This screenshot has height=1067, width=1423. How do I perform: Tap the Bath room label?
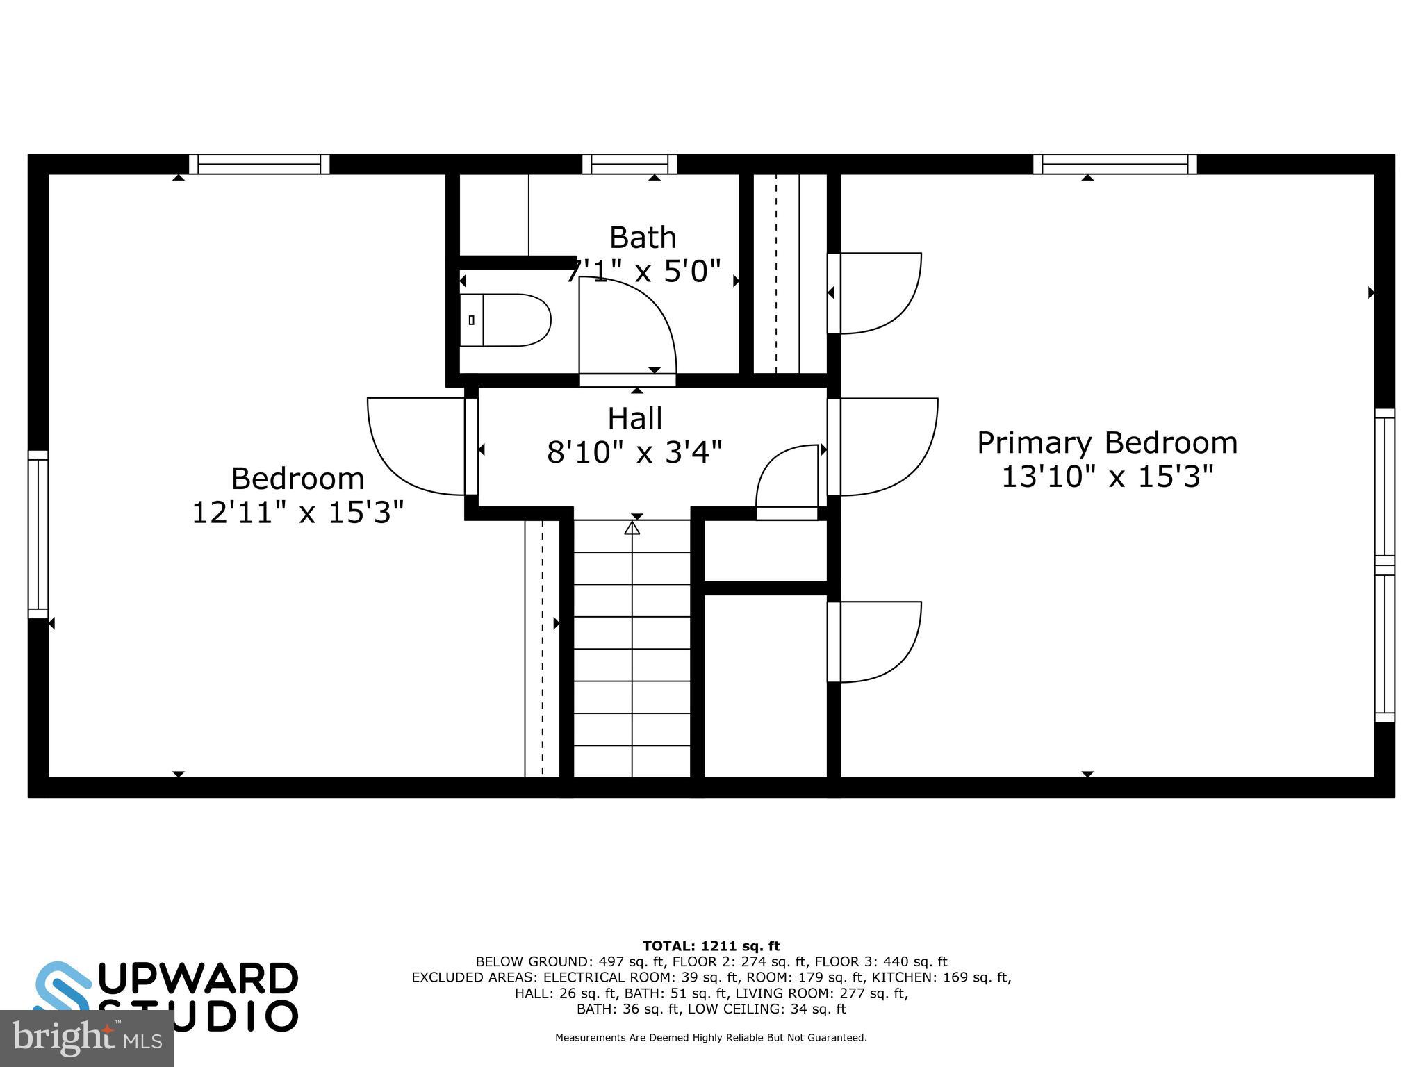tap(643, 238)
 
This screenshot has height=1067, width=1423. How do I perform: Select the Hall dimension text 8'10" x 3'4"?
tap(634, 452)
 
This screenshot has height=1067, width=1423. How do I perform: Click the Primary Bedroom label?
tap(1107, 442)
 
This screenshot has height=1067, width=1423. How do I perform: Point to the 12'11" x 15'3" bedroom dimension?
tap(297, 513)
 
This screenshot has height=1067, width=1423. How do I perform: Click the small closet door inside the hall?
tap(787, 479)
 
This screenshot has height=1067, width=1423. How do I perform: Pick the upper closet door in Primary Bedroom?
tap(877, 293)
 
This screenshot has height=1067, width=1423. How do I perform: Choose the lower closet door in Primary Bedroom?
tap(877, 642)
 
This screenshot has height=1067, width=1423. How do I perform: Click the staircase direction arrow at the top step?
tap(632, 529)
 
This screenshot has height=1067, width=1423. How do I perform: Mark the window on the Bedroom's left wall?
tap(38, 534)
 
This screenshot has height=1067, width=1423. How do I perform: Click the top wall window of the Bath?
tap(630, 165)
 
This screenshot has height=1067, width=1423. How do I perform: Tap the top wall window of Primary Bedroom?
tap(1114, 165)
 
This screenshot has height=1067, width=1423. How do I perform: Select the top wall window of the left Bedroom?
tap(259, 165)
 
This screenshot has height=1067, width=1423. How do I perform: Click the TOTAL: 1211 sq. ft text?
tap(711, 945)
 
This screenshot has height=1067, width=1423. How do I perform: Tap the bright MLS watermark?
tap(86, 1038)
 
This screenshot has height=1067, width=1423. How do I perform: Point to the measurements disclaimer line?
tap(711, 1038)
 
